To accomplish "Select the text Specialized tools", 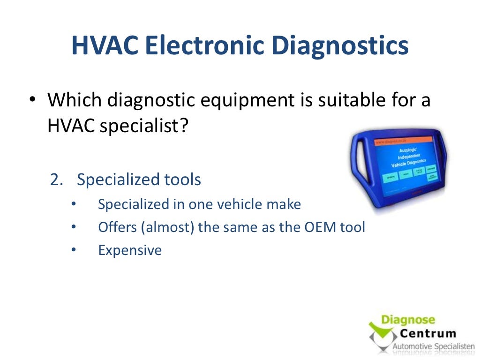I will tap(139, 180).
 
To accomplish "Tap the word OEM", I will tap(321, 227).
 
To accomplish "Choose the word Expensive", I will tap(130, 250).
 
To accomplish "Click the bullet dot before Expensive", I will tap(73, 250).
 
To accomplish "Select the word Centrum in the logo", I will tap(427, 334).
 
